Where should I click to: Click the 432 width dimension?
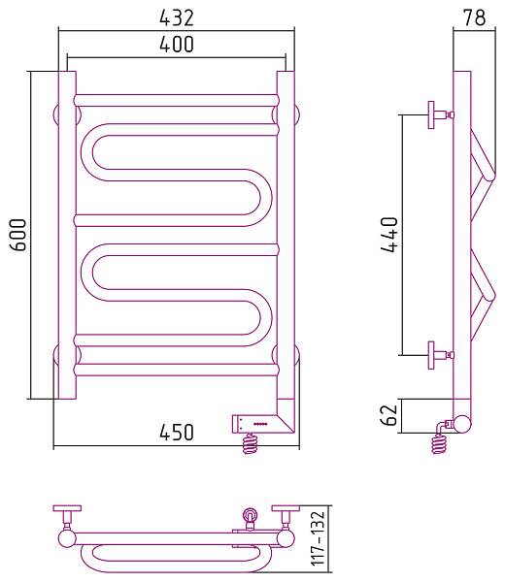tap(177, 17)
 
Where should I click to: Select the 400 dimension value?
tap(177, 44)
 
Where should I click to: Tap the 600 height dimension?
tap(18, 235)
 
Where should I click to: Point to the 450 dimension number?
tap(177, 432)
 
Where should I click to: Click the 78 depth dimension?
tap(474, 17)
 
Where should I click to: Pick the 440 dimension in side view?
tap(389, 235)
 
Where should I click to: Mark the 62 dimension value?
tap(389, 415)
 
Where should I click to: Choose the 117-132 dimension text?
tap(319, 538)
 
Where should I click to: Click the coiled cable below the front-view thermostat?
tap(251, 443)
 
